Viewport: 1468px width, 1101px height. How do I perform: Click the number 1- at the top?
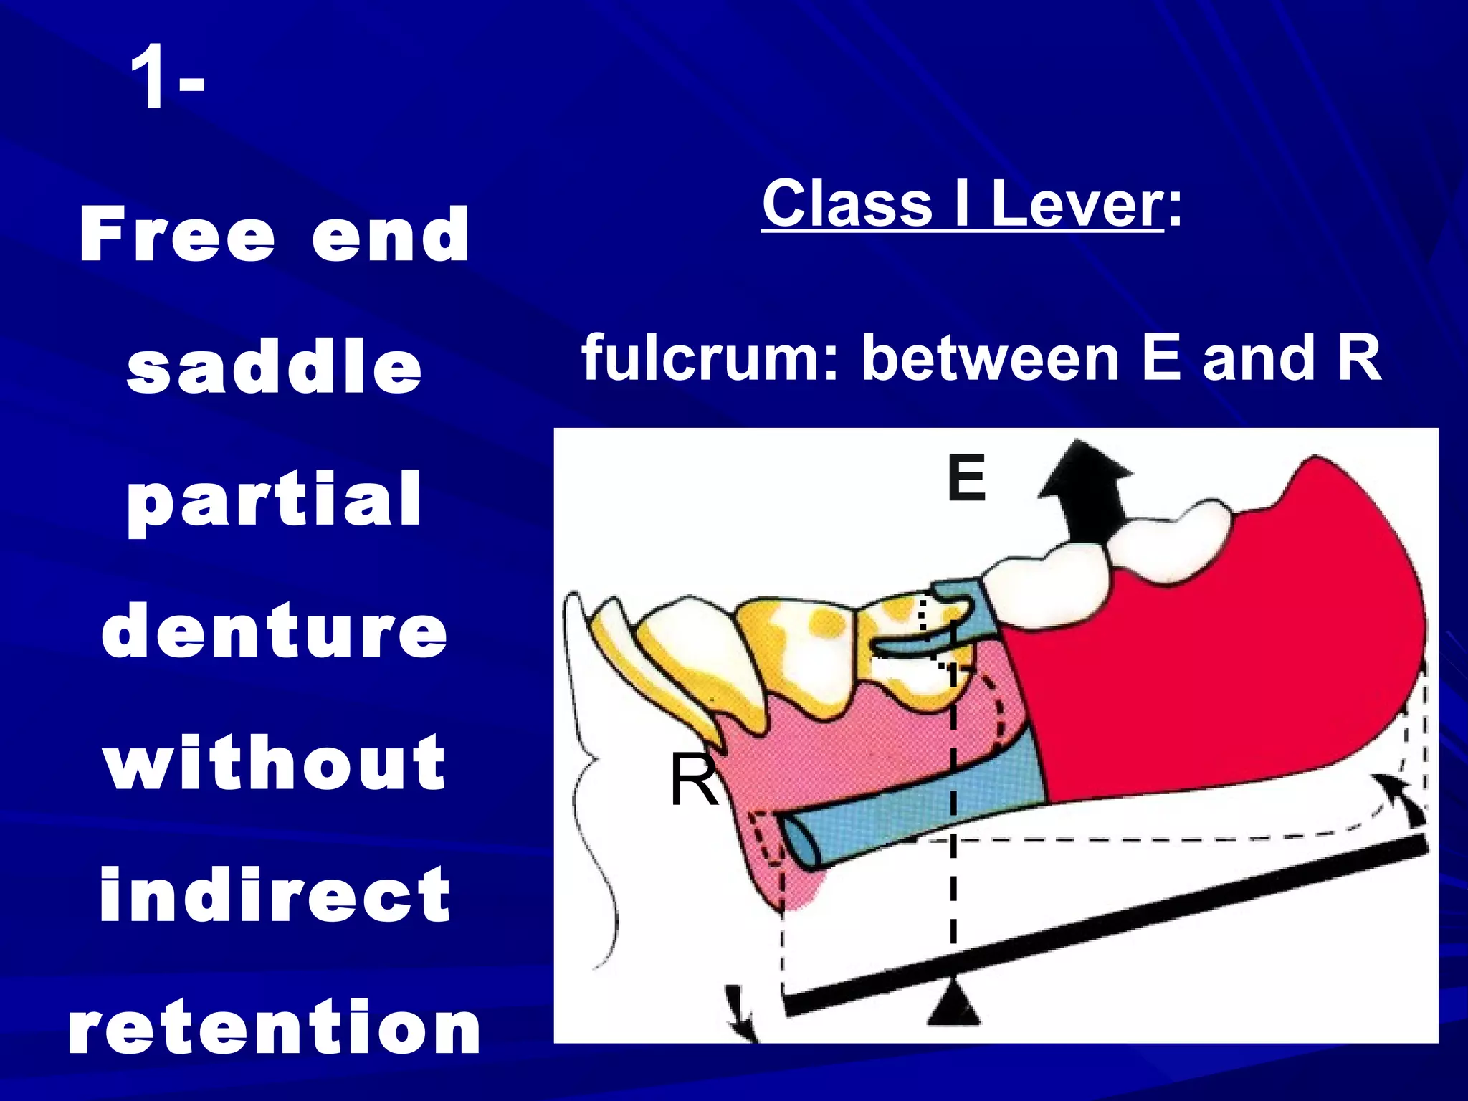click(x=167, y=77)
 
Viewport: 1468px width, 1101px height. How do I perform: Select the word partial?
click(x=275, y=500)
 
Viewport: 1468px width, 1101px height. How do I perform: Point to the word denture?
click(x=275, y=631)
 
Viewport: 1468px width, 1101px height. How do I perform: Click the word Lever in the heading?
click(x=1077, y=204)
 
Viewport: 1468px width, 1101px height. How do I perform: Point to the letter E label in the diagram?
click(x=966, y=478)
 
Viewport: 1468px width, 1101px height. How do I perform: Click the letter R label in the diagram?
click(x=693, y=781)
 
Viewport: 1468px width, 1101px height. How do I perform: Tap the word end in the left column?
click(x=391, y=234)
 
